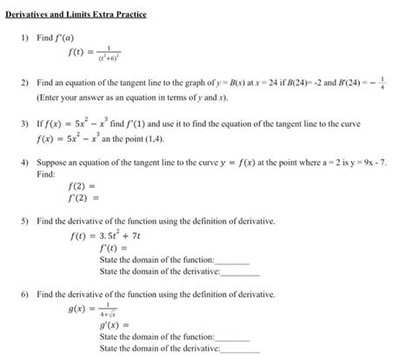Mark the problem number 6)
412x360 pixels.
point(26,296)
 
